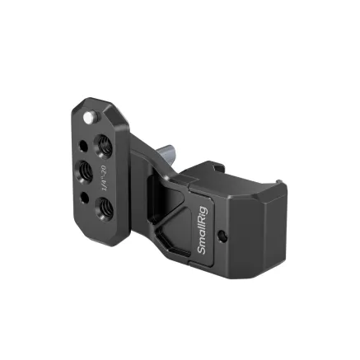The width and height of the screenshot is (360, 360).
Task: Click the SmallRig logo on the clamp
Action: (203, 235)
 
